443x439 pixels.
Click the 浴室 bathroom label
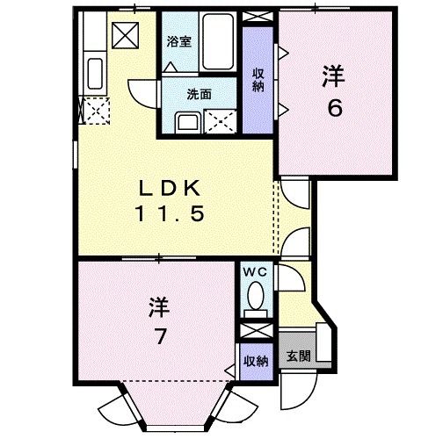(179, 40)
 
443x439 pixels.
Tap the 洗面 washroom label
(197, 94)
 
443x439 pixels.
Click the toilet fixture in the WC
(257, 297)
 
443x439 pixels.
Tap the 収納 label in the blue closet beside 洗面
(258, 79)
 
